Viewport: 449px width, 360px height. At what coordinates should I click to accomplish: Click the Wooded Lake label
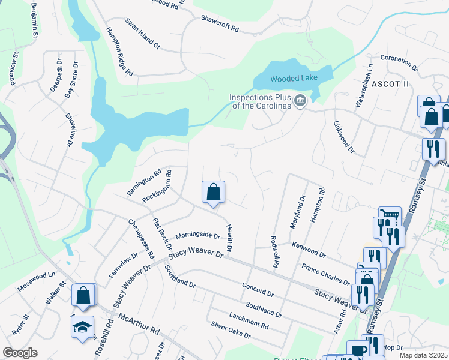pos(292,79)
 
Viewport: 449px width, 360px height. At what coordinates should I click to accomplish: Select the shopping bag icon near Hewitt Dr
pos(213,193)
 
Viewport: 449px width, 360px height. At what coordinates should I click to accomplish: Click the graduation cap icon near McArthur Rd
pos(82,327)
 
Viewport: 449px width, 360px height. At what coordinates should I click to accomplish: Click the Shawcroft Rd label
pos(220,23)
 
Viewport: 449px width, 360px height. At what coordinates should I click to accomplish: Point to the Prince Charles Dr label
pos(325,274)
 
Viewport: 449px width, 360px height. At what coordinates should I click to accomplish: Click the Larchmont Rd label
pos(249,319)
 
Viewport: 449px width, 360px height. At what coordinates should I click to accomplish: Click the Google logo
pos(20,353)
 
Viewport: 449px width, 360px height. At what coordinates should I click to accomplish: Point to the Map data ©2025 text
pos(423,355)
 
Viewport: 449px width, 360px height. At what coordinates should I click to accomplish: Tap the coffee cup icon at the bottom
pos(359,350)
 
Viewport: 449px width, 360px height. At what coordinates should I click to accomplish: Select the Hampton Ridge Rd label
pos(119,52)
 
